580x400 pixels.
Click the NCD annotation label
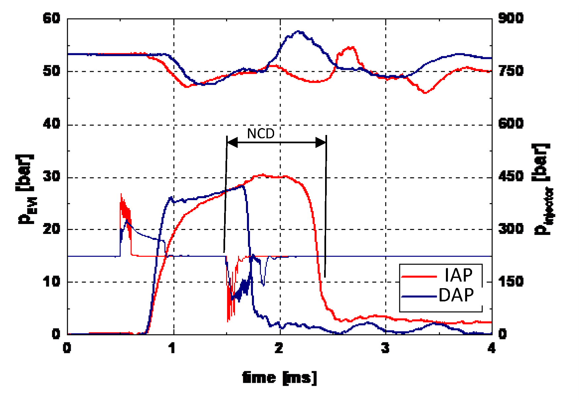[x=261, y=134]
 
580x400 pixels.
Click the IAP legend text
[x=459, y=275]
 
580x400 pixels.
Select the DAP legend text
[x=456, y=295]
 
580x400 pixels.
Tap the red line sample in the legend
[x=419, y=276]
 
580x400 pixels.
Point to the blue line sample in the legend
[x=419, y=296]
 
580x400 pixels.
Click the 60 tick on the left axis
[x=52, y=18]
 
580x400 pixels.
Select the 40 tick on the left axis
[x=52, y=124]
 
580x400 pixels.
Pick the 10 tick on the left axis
[x=52, y=282]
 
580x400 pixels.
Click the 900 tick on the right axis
[x=511, y=18]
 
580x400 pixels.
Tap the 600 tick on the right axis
[x=511, y=124]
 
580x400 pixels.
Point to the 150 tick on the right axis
[x=511, y=282]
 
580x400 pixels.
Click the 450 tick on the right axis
[x=511, y=176]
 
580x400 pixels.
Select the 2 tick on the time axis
[x=279, y=348]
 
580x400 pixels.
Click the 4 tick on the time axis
[x=492, y=348]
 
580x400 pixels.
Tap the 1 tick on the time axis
[x=172, y=348]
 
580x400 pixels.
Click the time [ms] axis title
[x=279, y=378]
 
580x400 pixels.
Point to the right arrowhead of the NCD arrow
[x=321, y=143]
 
